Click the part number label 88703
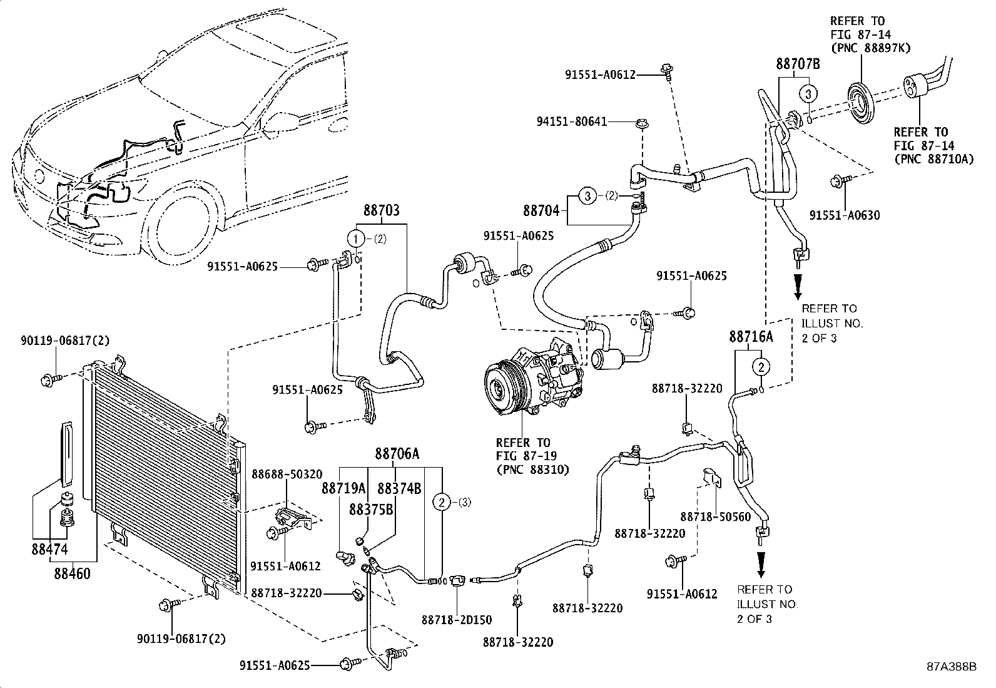pos(382,210)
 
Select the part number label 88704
pos(541,210)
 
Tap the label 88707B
pos(798,64)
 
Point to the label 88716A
pos(751,337)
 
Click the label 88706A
pos(397,453)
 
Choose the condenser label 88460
pos(72,573)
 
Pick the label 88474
pos(49,549)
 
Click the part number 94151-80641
pos(572,121)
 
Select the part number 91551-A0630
pos(845,215)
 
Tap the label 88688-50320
pos(287,475)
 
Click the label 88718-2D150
pos(457,620)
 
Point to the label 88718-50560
pos(716,516)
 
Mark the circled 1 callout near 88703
pos(356,239)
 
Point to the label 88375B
pos(371,510)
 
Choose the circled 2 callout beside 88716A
pos(761,367)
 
